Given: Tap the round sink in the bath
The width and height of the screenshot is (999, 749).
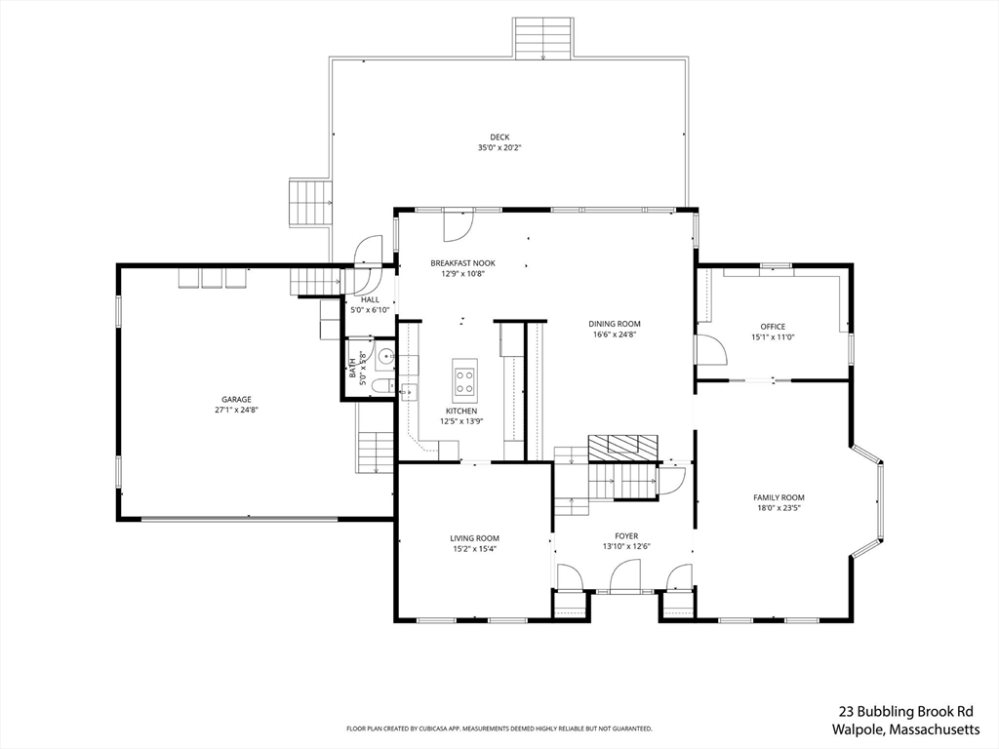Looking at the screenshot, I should pos(384,358).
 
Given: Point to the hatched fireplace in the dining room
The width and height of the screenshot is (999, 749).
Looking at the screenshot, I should pos(622,448).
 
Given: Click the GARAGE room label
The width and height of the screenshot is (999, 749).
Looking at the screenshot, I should pos(236,399).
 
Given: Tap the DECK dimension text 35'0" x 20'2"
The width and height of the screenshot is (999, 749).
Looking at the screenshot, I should pos(499,148).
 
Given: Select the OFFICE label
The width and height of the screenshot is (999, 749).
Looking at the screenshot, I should pos(773,327).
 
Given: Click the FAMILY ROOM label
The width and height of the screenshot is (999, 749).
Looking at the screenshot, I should pos(779,497).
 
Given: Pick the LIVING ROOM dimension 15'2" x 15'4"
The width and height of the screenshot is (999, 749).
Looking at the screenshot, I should pos(475,549).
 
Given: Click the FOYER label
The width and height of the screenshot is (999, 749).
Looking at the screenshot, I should pos(625,535).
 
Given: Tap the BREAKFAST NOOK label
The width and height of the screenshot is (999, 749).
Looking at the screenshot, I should pos(463,263).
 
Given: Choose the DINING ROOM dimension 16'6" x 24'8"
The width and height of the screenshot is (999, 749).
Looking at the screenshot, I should pos(614,335).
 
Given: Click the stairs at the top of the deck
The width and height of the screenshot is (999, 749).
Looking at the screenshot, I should pos(542,38).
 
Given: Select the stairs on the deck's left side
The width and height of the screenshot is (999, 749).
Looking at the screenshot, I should pos(311,203).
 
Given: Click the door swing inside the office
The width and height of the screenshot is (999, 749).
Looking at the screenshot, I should pos(709,349).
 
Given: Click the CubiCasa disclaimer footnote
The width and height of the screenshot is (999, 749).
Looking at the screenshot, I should pos(499,729).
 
